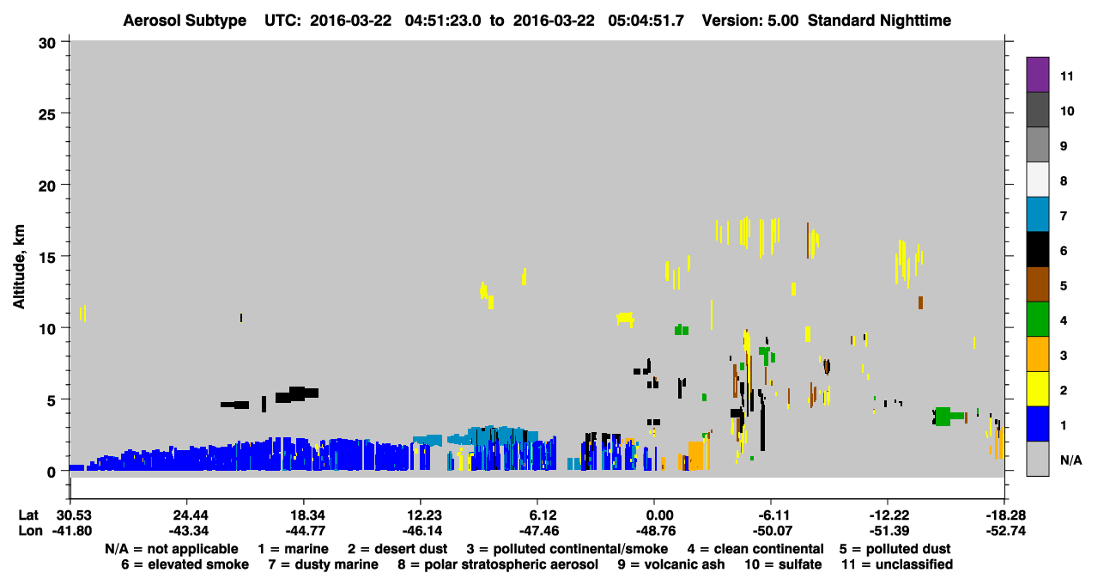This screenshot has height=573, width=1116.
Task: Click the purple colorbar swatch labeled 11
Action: coord(1037,74)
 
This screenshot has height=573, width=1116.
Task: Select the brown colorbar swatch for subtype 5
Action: coord(1037,284)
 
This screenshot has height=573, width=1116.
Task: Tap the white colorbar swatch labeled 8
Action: coord(1037,180)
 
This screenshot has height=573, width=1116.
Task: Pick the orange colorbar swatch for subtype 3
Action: coord(1037,354)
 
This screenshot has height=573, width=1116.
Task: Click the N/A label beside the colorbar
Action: coord(1071,460)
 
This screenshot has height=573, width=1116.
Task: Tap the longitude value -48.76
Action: coord(656,531)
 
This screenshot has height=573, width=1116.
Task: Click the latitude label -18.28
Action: coord(1005,515)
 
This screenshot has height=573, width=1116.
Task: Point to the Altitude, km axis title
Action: coord(18,267)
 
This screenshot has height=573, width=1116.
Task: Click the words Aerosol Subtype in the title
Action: coord(185,21)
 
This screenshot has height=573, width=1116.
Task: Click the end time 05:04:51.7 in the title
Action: coord(646,21)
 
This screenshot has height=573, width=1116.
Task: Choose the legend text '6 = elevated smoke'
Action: coord(185,564)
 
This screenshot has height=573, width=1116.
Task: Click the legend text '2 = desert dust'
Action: coord(397,549)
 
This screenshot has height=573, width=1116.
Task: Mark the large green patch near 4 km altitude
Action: coord(944,417)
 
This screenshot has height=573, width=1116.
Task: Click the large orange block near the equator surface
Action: coord(695,455)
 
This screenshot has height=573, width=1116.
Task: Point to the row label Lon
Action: coord(30,531)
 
